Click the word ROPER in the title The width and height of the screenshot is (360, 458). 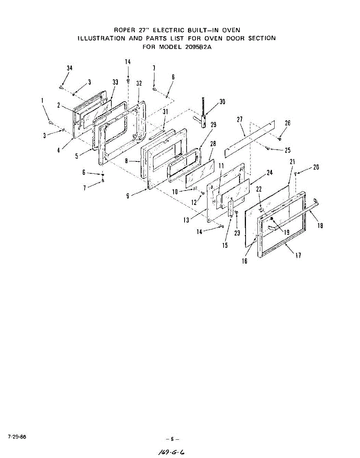124,30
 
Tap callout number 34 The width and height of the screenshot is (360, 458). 69,68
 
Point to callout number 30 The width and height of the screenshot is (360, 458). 222,102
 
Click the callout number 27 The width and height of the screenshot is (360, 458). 239,119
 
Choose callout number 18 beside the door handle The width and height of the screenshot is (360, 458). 320,226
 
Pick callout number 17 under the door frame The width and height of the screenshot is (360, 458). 298,256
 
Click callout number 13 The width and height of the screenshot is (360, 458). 186,220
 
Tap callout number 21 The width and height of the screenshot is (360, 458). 292,162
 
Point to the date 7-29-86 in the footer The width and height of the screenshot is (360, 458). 16,436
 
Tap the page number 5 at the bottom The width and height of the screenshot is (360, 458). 172,439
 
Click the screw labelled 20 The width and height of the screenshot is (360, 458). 296,174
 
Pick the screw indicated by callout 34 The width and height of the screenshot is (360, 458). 61,87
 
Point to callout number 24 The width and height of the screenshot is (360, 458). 270,173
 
